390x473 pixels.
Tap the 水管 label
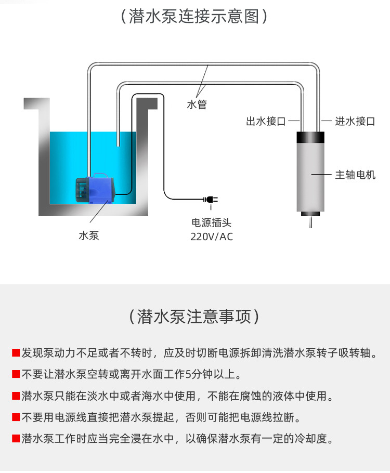[197, 104]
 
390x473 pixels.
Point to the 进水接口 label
[355, 122]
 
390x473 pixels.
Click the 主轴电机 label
[355, 175]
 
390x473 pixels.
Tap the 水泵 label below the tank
[88, 235]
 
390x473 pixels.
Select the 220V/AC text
[211, 237]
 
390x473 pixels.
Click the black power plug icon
[210, 199]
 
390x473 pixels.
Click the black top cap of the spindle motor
[311, 138]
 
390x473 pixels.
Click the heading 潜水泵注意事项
[194, 316]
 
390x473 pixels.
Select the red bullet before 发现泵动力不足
[16, 353]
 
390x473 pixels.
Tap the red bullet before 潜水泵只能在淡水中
[16, 396]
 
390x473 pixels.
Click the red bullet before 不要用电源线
[16, 417]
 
